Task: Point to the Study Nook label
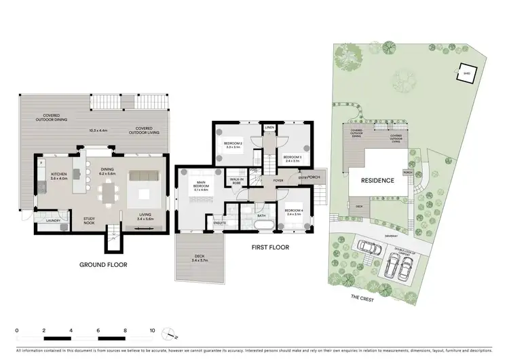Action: click(94, 220)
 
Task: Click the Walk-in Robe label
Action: click(237, 181)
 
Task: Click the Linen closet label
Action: click(269, 127)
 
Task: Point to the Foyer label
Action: click(278, 180)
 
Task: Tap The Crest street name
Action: click(362, 298)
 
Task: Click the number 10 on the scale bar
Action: click(152, 330)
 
